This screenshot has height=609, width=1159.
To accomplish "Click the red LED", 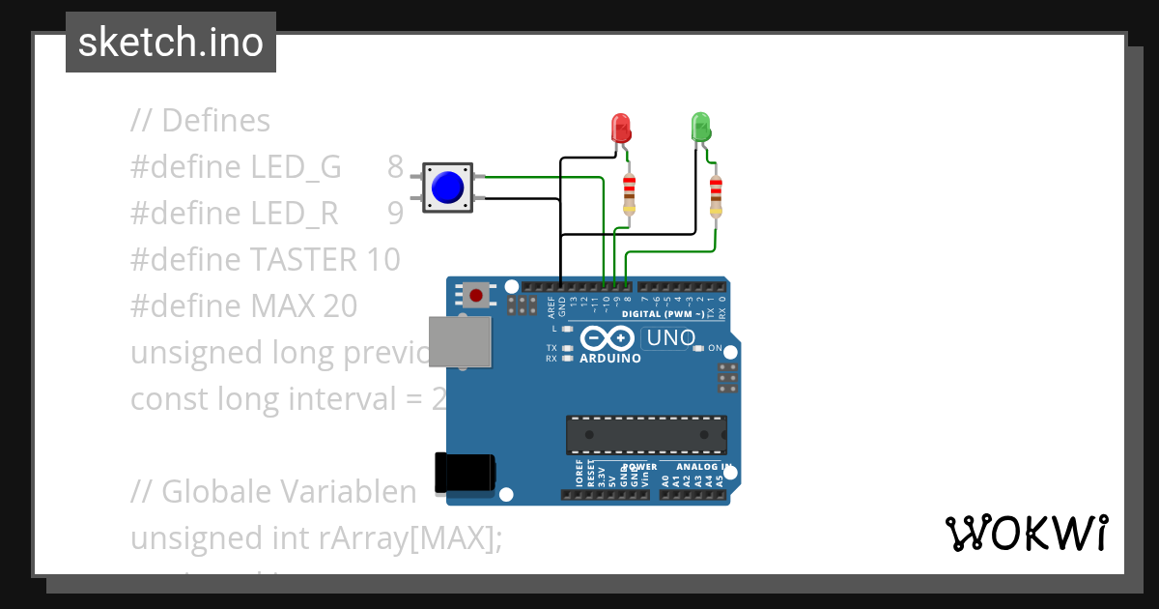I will (620, 128).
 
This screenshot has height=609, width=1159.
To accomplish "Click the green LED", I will (701, 127).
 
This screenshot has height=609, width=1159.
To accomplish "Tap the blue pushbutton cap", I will (447, 187).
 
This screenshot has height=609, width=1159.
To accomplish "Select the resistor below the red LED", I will (630, 193).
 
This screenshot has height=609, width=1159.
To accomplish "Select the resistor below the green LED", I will (716, 196).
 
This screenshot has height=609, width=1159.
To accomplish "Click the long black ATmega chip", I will (646, 435).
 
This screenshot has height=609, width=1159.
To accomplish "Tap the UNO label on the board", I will (670, 338).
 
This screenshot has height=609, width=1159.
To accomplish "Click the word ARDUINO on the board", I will (610, 359).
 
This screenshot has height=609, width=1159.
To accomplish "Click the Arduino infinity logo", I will (608, 337).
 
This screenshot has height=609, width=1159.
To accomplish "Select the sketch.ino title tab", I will (171, 43).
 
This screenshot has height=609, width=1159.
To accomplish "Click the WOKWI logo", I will (1026, 533).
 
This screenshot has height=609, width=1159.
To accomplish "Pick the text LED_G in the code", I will (297, 167).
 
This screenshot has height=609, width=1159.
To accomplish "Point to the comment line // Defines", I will (201, 121).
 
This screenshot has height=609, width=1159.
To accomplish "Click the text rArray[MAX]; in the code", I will (410, 538).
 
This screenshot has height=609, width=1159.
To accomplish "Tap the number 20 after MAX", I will (340, 306).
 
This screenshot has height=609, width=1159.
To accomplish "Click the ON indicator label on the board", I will (715, 348).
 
